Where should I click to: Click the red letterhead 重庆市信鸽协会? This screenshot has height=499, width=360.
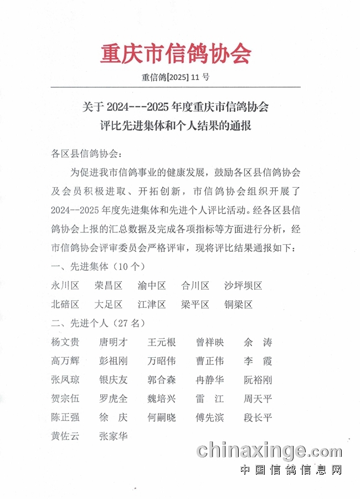176,54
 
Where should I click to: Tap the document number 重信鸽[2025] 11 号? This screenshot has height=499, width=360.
176,78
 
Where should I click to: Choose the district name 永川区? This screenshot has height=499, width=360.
65,286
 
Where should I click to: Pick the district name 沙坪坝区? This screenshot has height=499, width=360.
243,286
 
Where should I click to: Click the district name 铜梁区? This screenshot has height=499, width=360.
238,305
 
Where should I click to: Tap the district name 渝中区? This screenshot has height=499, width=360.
152,286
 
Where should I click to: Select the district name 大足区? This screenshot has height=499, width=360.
109,305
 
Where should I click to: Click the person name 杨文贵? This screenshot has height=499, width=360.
65,342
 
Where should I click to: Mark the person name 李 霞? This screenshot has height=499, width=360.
258,361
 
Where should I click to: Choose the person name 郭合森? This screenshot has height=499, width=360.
162,380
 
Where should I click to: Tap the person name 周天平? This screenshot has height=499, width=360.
258,399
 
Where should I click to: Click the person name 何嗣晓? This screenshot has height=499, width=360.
162,418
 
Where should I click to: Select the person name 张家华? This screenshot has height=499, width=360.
113,436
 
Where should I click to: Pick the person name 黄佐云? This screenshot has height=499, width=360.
65,436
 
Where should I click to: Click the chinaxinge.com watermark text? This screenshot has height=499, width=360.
269,451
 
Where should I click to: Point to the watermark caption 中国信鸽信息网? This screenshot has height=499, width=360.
291,470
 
